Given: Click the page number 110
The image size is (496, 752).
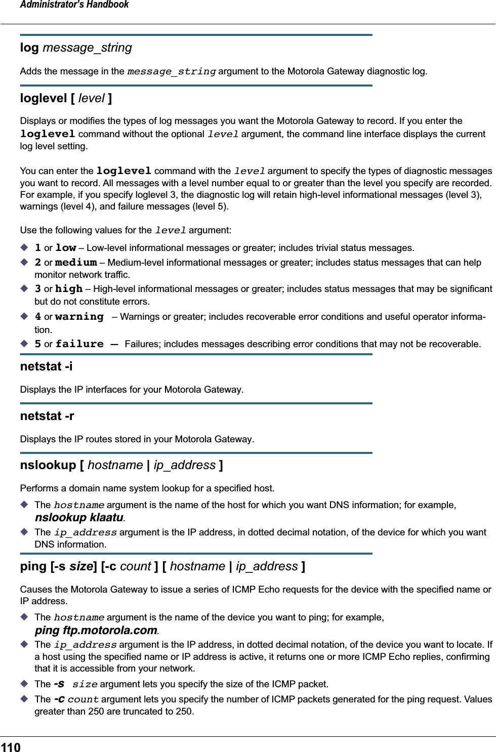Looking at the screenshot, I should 11,747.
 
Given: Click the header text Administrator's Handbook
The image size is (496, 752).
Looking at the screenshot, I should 74,5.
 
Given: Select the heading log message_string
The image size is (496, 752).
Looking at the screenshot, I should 76,48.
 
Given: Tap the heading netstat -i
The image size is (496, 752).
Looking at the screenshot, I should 46,366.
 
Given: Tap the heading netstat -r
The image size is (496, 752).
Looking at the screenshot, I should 47,416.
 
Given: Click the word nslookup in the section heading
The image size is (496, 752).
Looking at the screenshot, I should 48,465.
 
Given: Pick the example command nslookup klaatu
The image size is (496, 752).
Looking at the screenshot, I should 79,517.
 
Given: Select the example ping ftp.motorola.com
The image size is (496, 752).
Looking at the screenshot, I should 96,630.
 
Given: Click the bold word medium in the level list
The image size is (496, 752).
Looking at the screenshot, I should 76,263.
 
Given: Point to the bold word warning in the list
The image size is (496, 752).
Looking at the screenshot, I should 79,317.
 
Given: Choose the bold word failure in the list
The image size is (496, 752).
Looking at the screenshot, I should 79,344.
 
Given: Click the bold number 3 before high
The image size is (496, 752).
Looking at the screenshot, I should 38,289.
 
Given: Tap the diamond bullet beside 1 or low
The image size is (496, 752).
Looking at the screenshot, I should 24,247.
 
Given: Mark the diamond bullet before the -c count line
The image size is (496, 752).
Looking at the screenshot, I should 24,699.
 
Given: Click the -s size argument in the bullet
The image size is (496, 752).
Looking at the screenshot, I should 75,684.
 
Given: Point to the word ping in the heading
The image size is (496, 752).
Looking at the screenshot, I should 33,566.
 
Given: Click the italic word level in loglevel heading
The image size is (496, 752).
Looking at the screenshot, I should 92,98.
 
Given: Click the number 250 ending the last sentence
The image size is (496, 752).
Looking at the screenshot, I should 184,711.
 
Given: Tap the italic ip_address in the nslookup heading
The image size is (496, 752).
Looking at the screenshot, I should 185,465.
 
